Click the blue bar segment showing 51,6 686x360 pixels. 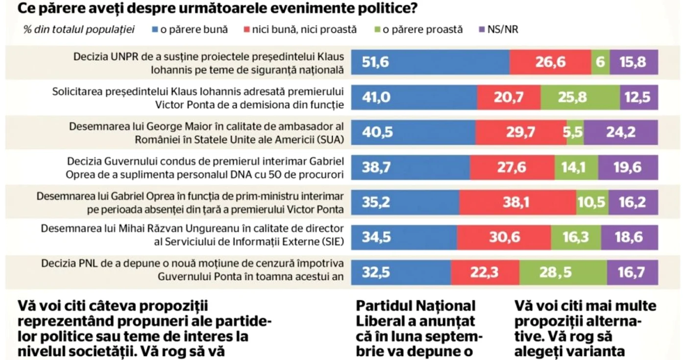pos(430,62)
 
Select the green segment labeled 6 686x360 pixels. pos(600,62)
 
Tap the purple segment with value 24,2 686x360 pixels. pos(621,132)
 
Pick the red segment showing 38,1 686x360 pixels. pos(517,202)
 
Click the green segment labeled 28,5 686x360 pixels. pos(563,272)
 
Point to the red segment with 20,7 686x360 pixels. pos(509,97)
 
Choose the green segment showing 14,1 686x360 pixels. pos(576,167)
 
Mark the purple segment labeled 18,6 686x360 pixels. pos(629,237)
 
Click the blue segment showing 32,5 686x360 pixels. pos(401,272)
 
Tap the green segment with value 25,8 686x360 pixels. pos(580,97)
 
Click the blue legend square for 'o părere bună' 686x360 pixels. pos(155,29)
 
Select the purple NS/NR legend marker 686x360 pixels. pos(482,29)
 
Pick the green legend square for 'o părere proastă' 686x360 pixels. pos(377,29)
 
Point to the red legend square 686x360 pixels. pos(246,29)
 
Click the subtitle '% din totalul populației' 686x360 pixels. pos(79,29)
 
